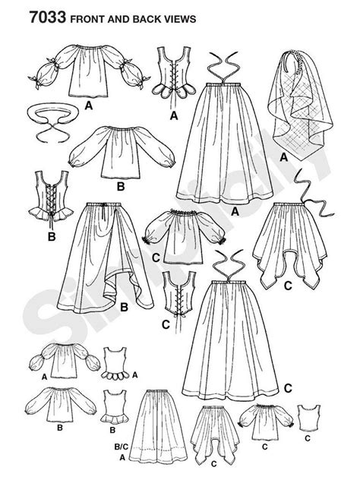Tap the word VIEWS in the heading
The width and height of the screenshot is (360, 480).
coord(187,13)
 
